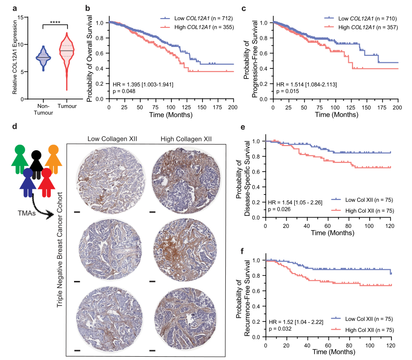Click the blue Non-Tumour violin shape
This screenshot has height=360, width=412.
tap(43, 58)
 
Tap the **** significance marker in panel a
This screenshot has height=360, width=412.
tap(55, 22)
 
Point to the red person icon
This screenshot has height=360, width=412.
tap(47, 182)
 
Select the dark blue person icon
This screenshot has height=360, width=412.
tap(28, 182)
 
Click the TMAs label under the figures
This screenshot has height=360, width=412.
tap(27, 213)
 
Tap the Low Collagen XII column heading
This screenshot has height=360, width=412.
tap(112, 139)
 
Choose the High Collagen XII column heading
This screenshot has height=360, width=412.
tap(186, 139)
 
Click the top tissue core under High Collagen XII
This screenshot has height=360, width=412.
tap(186, 180)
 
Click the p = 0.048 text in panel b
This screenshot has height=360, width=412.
tap(124, 91)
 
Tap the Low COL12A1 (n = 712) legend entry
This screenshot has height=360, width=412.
tap(196, 19)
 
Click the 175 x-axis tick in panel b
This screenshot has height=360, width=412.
tap(217, 107)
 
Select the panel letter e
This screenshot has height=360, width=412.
tap(243, 127)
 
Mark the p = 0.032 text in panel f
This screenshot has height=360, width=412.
tap(280, 329)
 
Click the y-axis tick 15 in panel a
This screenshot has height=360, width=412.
tap(20, 17)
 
